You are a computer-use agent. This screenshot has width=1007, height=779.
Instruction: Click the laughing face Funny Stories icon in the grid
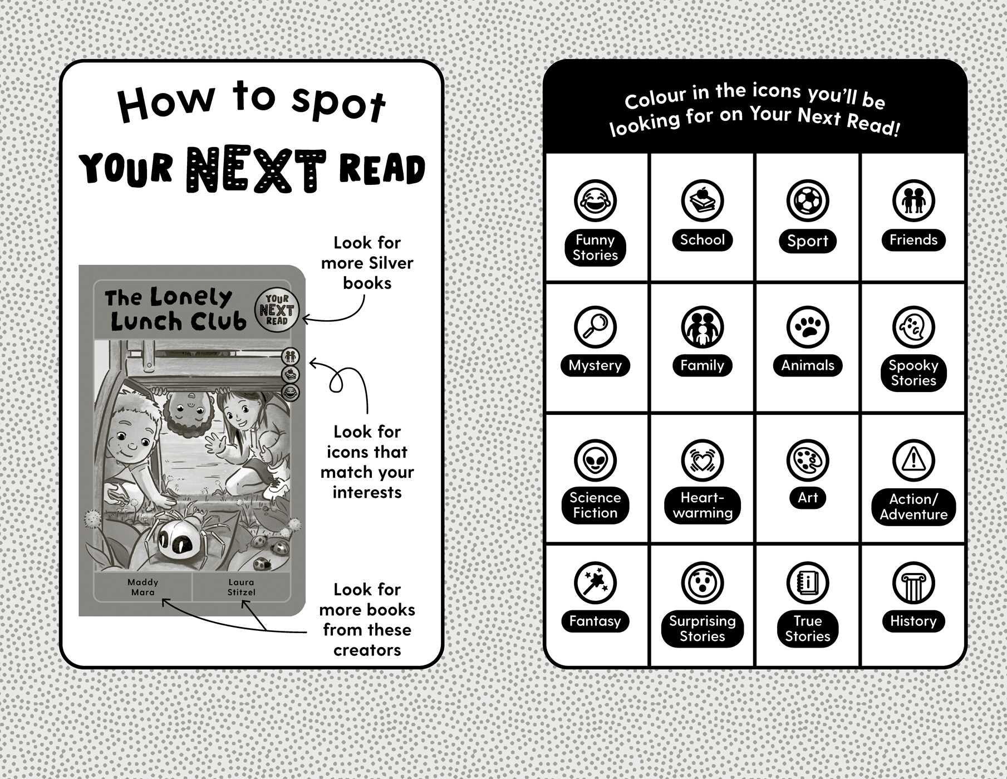click(x=595, y=201)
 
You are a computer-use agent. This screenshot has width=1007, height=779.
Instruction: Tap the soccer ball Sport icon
click(x=808, y=201)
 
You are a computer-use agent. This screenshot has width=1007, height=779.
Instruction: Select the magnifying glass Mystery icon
click(x=595, y=327)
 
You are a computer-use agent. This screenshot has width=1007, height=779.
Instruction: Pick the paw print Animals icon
click(x=808, y=327)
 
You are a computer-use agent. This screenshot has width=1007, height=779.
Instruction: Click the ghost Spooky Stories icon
click(x=913, y=327)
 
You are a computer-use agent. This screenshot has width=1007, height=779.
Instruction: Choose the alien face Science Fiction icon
click(x=595, y=460)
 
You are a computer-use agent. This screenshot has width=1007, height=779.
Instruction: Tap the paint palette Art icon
click(x=808, y=460)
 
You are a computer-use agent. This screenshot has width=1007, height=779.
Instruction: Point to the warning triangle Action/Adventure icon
click(x=913, y=460)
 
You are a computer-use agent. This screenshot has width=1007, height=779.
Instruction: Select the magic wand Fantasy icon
click(x=595, y=583)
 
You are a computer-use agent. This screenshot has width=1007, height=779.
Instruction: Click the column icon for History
click(x=913, y=583)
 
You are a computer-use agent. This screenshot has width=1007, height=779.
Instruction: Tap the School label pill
click(x=703, y=240)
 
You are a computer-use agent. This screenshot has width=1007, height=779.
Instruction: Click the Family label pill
click(x=703, y=365)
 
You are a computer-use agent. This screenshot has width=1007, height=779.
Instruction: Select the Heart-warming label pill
click(x=703, y=505)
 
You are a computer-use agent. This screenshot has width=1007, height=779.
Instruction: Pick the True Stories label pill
click(x=808, y=629)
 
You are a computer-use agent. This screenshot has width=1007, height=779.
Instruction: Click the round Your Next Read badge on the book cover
click(x=277, y=310)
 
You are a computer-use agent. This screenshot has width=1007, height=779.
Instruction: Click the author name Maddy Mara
click(x=143, y=587)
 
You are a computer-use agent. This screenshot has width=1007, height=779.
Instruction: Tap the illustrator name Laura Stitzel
click(x=242, y=587)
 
